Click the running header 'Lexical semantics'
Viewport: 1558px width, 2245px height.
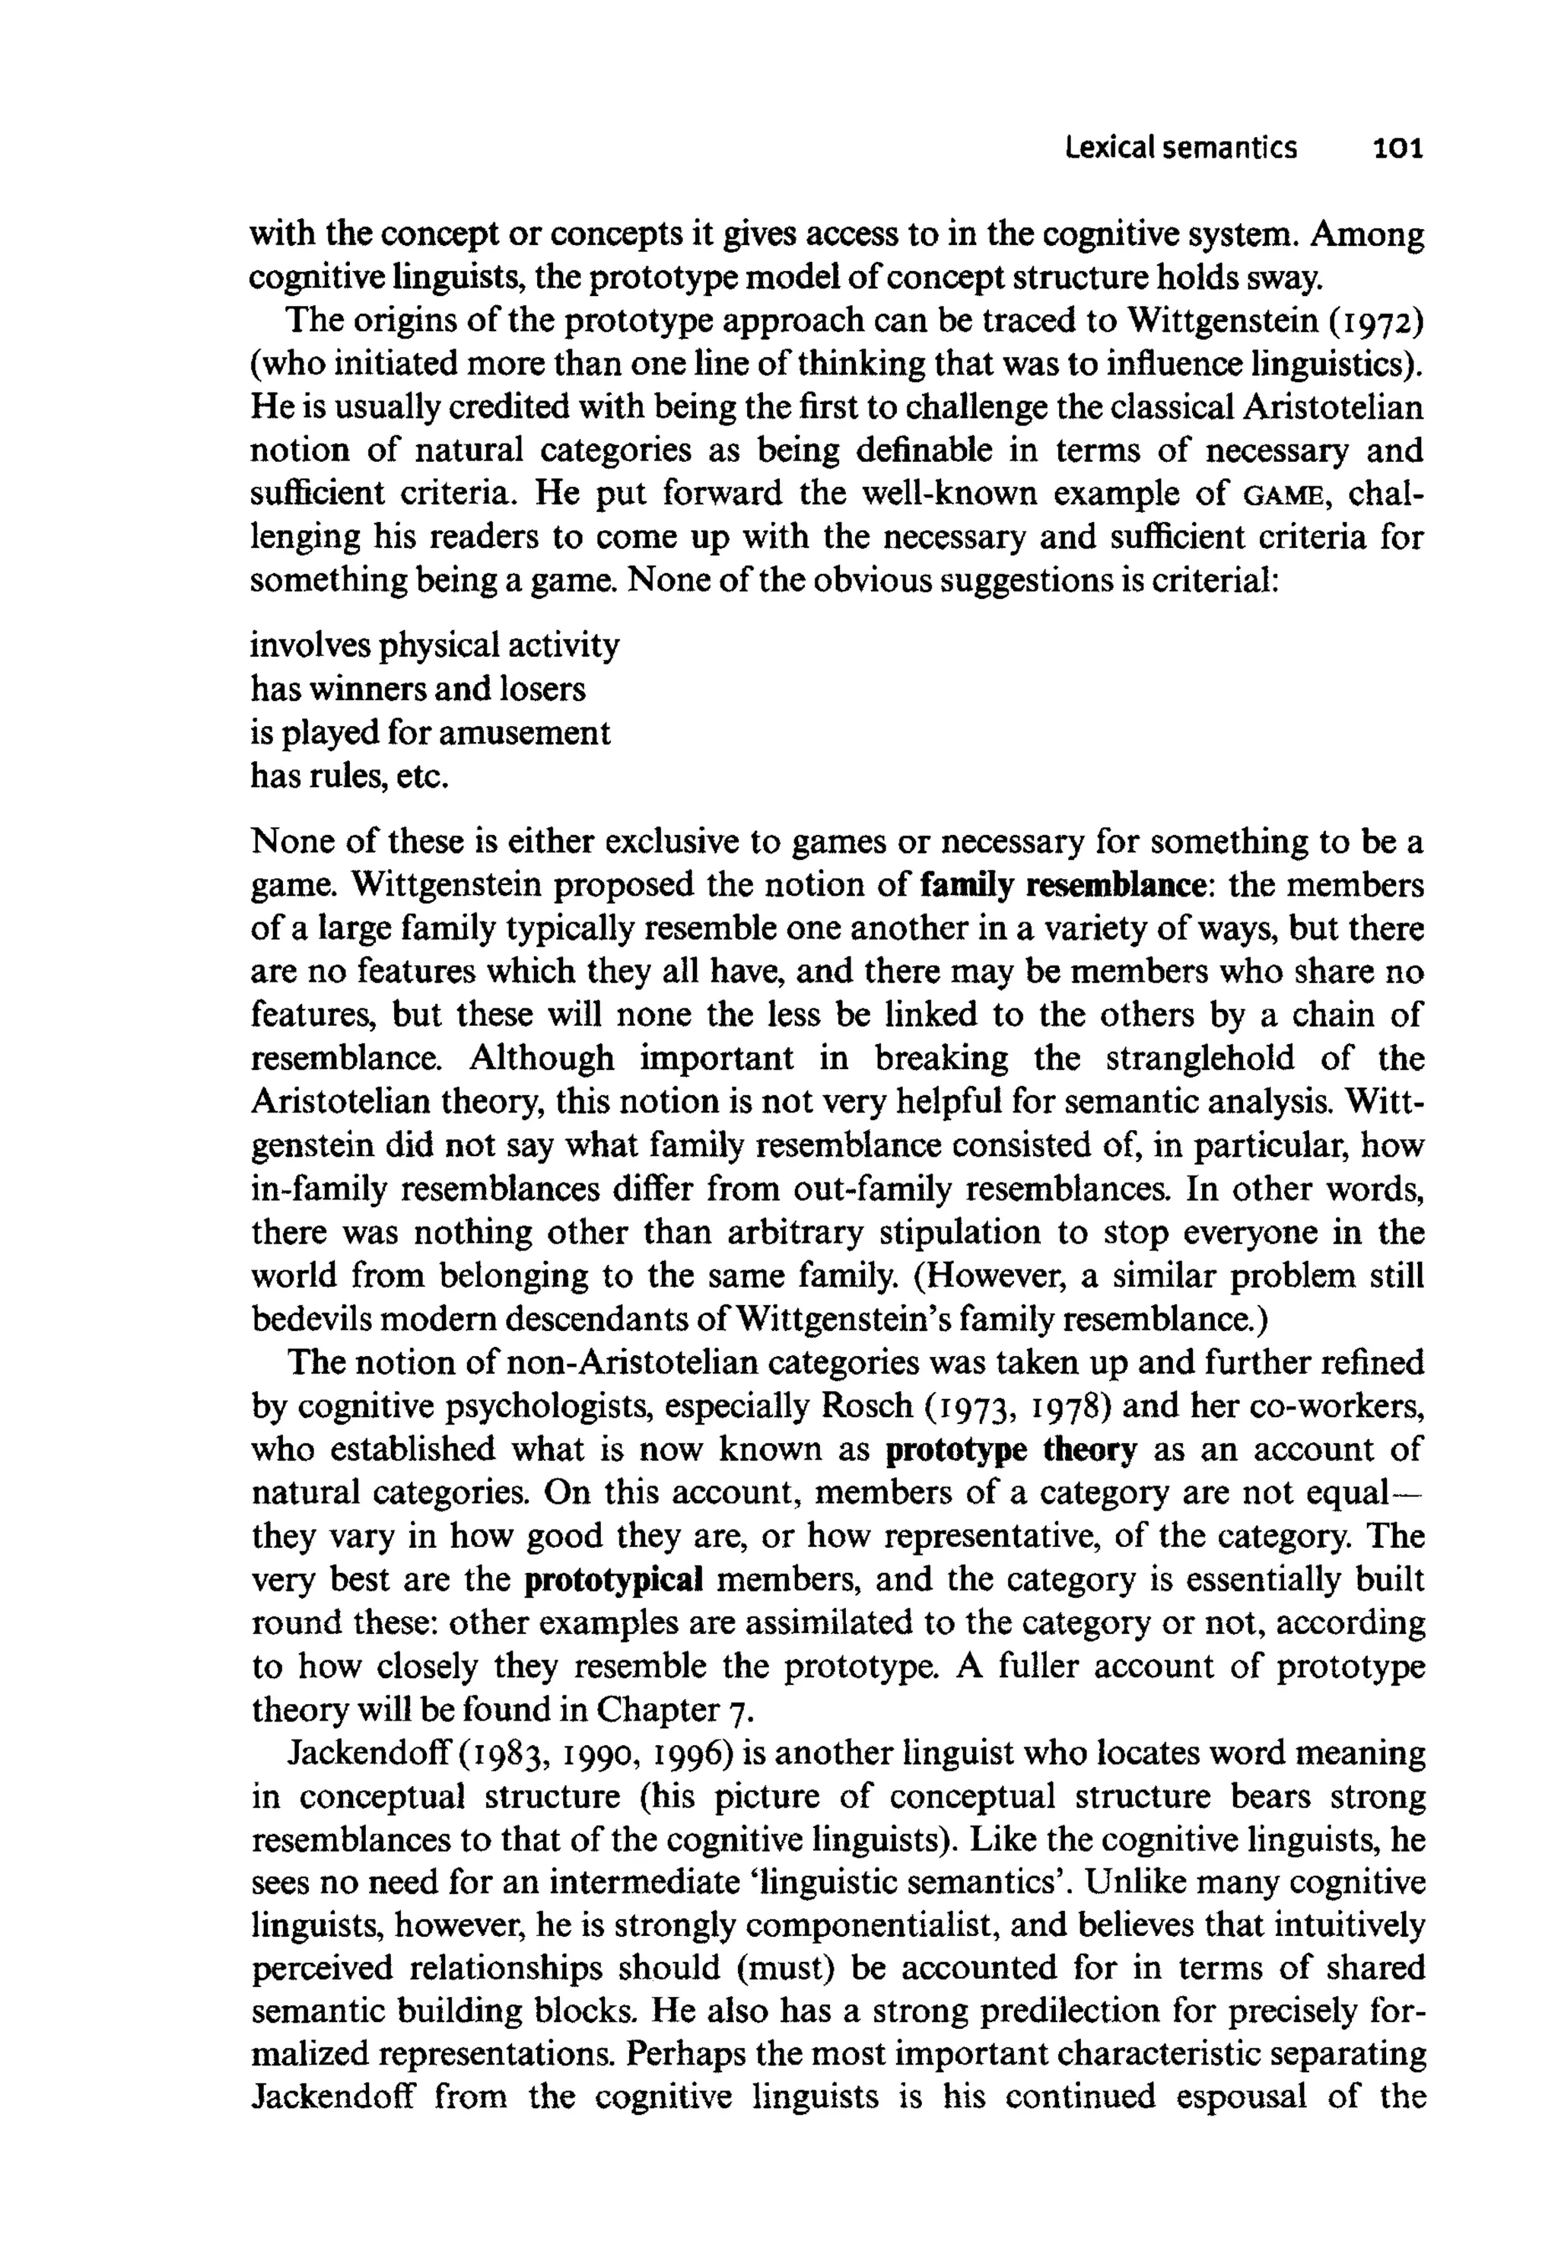click(x=1181, y=148)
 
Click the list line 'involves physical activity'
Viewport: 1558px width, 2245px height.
click(x=434, y=645)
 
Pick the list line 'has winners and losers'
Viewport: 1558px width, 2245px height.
click(x=418, y=689)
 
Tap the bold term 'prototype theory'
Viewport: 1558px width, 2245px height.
click(x=1010, y=1450)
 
